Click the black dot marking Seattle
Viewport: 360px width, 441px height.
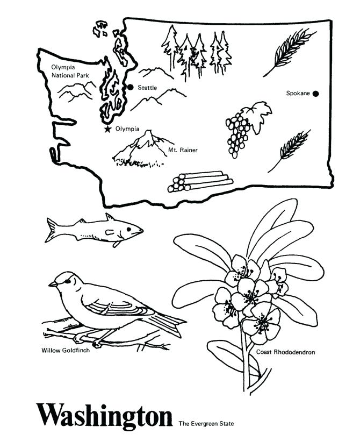(130, 87)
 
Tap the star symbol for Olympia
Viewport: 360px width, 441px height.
(108, 129)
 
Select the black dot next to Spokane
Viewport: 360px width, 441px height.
(315, 94)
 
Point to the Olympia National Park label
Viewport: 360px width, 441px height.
(66, 72)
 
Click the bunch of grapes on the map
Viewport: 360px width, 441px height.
(236, 133)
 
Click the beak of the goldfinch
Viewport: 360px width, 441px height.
(52, 283)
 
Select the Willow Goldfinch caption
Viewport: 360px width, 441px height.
(66, 351)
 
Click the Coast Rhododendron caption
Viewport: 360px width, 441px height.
(285, 352)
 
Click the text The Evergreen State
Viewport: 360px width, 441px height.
(207, 423)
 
